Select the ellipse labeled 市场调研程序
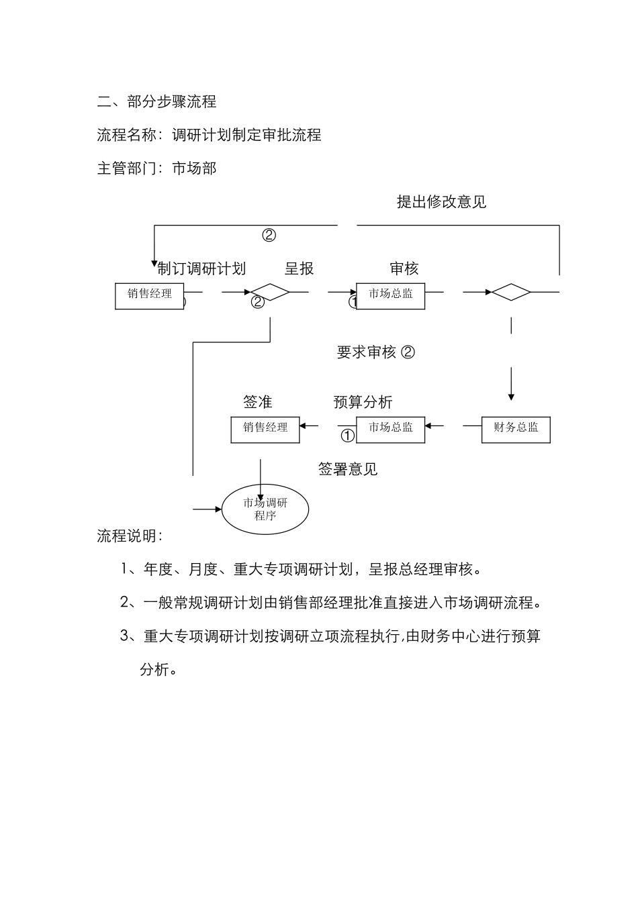(x=265, y=509)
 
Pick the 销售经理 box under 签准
(x=265, y=428)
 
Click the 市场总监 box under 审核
(x=391, y=295)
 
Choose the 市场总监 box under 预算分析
(x=391, y=428)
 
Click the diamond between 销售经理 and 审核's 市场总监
(x=270, y=292)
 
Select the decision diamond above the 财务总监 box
(x=511, y=292)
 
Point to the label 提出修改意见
(x=441, y=201)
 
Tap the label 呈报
(x=299, y=268)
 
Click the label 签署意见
(x=347, y=469)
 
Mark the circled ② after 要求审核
(x=408, y=352)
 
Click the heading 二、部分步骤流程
(x=157, y=102)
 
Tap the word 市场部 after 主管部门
(x=195, y=168)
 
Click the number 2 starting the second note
(x=124, y=602)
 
